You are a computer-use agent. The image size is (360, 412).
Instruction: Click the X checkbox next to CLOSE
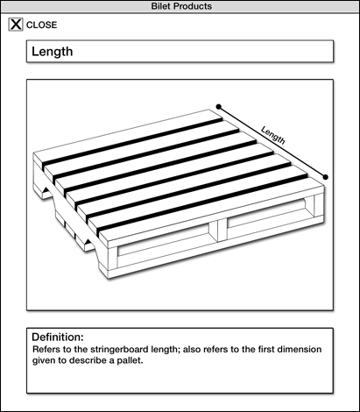tap(16, 25)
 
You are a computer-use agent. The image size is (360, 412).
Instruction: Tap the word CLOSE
tap(41, 25)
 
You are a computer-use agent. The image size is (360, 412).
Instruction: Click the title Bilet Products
tap(181, 6)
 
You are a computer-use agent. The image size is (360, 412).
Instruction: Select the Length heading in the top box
tap(53, 52)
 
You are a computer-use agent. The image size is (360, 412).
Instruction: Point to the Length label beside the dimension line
tap(273, 135)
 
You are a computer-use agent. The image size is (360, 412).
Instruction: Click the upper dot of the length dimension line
tap(219, 107)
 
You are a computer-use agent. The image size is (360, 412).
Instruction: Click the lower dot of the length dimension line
tap(326, 177)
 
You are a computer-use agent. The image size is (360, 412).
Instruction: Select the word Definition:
tap(58, 337)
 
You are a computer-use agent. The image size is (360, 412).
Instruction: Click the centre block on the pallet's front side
tap(222, 231)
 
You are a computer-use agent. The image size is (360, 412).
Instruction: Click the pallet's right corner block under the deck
tap(319, 205)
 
